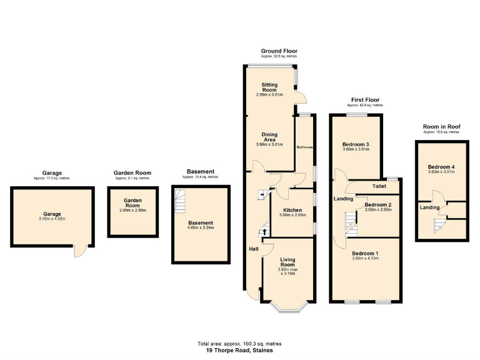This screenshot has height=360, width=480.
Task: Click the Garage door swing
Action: (79, 251)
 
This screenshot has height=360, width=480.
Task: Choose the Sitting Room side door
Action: (301, 97)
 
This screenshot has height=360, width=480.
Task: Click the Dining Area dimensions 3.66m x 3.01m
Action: (269, 144)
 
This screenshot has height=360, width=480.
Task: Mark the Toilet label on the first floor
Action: (379, 186)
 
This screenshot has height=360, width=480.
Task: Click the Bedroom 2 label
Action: (377, 205)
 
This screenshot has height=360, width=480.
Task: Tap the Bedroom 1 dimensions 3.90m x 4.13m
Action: (366, 258)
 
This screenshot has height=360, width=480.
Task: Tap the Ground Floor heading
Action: (279, 51)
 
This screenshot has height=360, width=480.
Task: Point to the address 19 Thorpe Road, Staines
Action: (240, 351)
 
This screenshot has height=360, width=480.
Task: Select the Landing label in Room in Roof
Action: (429, 207)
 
